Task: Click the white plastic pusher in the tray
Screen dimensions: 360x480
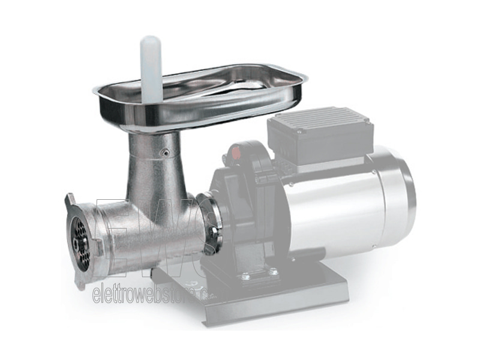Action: (x=151, y=66)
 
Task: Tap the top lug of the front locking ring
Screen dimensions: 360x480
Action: (x=71, y=200)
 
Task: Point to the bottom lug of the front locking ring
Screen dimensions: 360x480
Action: (x=79, y=282)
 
